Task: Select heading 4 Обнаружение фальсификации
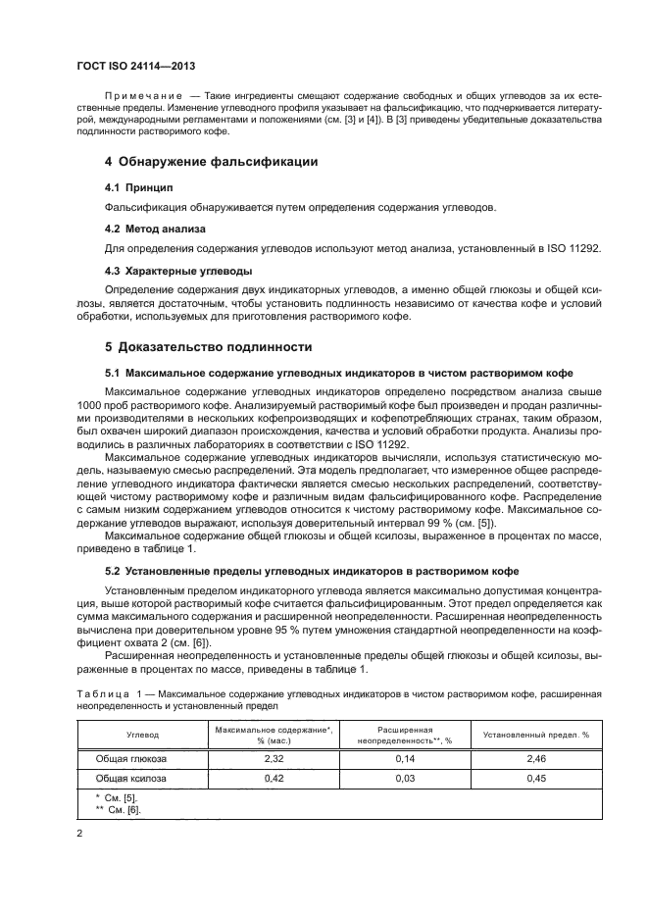(211, 160)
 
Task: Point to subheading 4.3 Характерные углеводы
(178, 271)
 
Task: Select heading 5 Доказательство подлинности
(208, 347)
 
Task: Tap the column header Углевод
(135, 734)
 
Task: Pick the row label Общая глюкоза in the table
(130, 759)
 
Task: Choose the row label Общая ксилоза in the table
(130, 779)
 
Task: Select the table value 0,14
(400, 759)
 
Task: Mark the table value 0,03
(400, 779)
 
